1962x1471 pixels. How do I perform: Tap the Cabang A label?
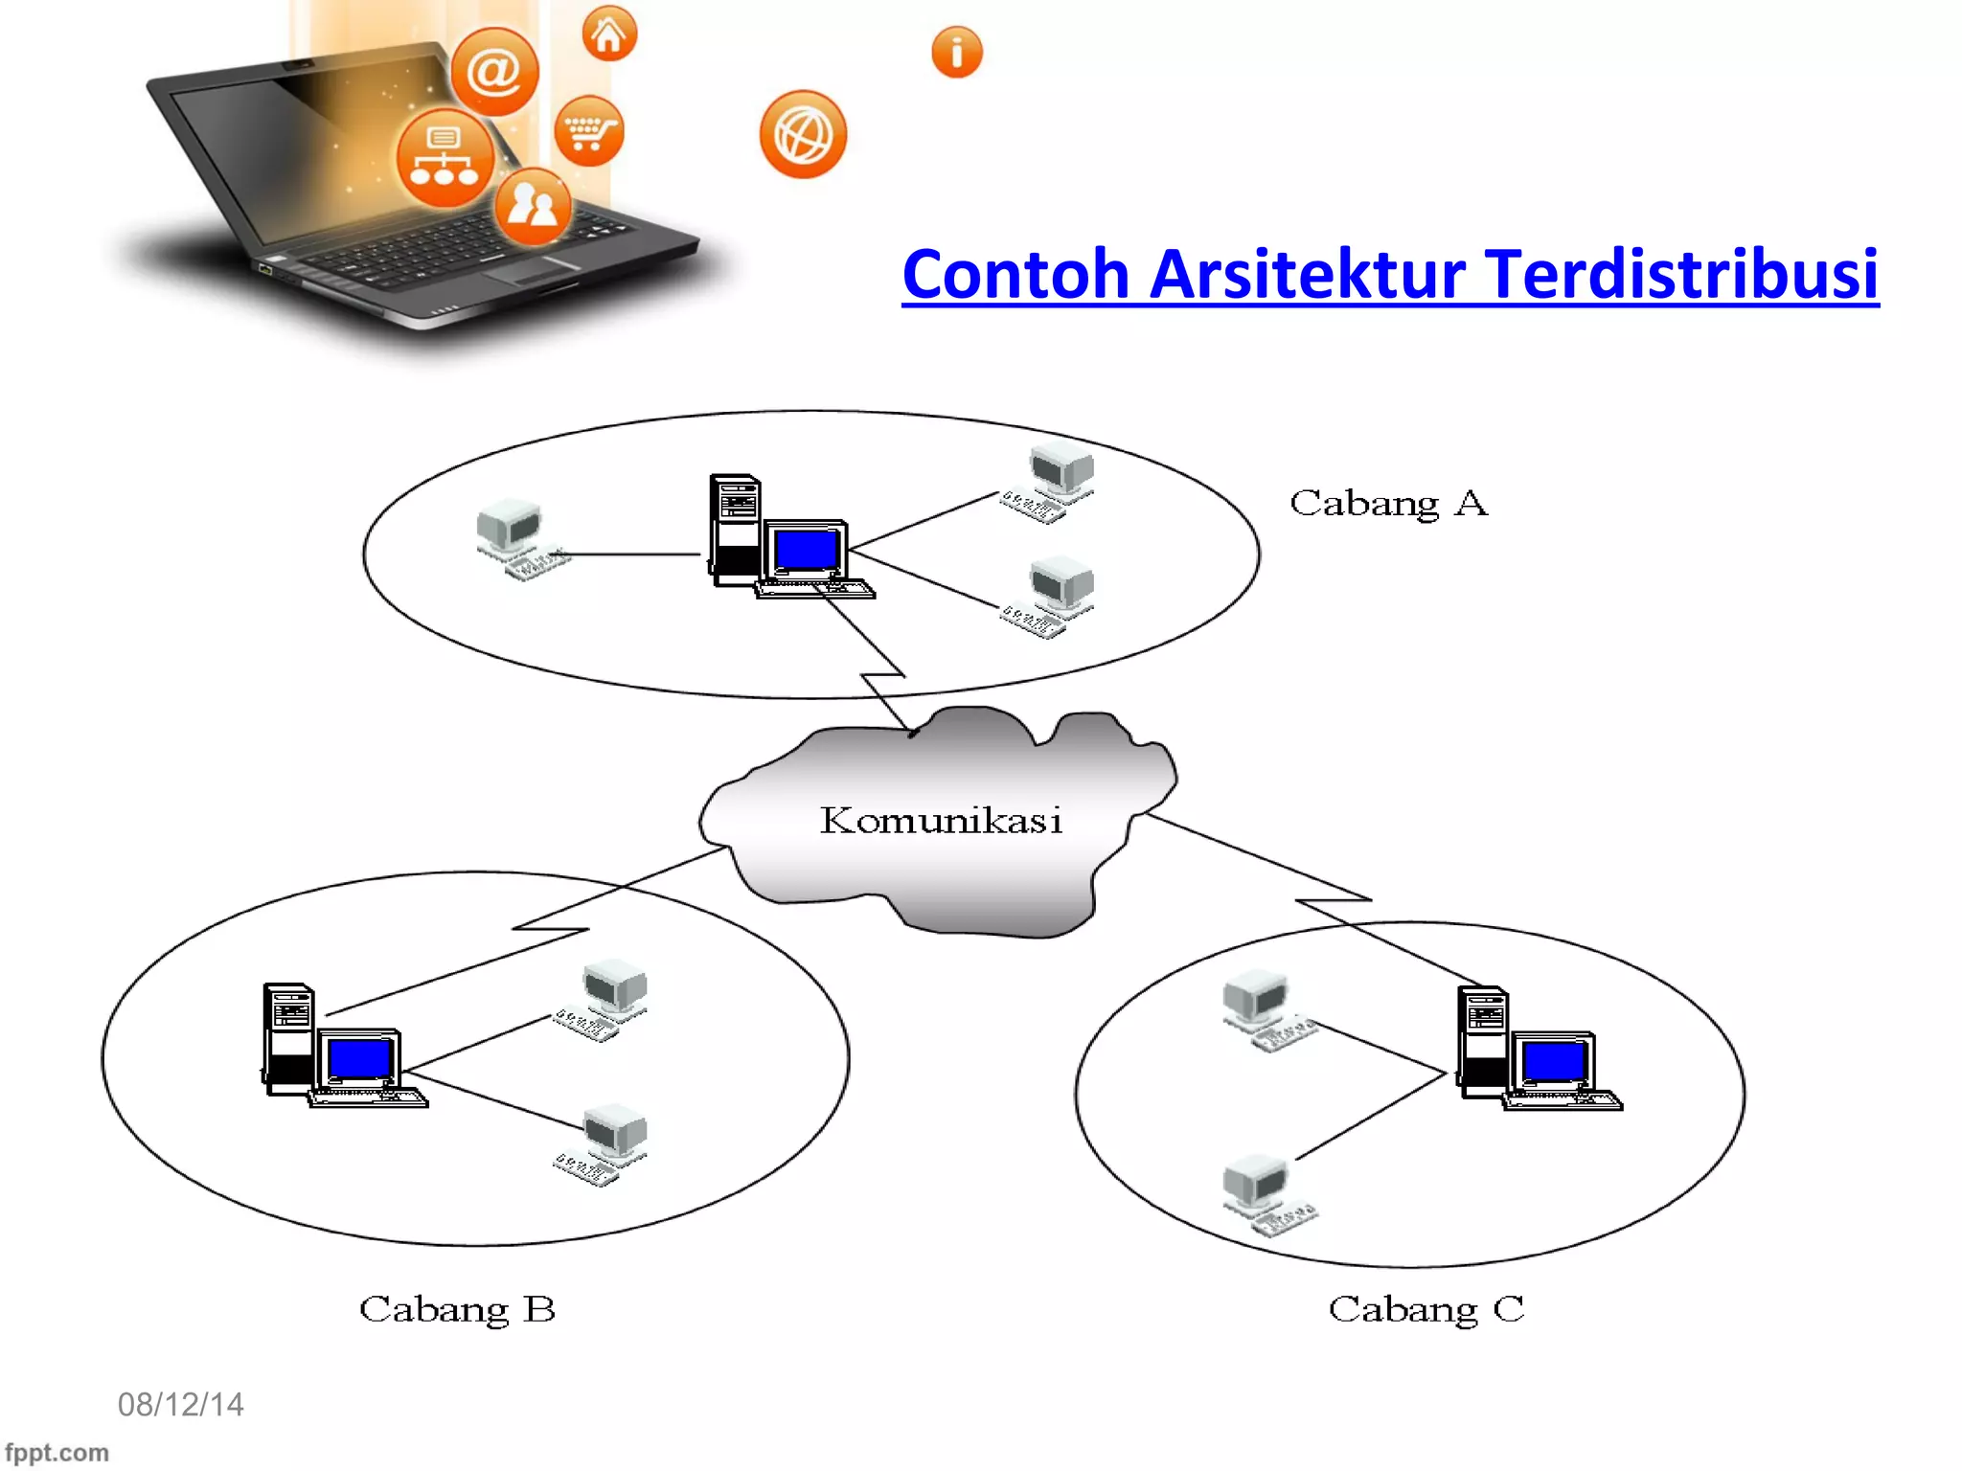(1388, 504)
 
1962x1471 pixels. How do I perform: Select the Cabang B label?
(457, 1310)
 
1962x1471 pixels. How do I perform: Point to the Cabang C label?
(1426, 1310)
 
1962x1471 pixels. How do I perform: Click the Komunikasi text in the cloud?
(941, 821)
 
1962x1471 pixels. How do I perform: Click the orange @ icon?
(494, 72)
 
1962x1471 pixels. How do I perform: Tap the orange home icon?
(609, 34)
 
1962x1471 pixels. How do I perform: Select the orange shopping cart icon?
(589, 131)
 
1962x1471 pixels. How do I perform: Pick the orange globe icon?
(803, 135)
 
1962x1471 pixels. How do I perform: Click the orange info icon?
(956, 52)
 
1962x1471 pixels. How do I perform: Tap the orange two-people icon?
(533, 206)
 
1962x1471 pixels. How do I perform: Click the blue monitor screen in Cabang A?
(806, 550)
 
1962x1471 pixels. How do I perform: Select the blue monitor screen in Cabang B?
(359, 1059)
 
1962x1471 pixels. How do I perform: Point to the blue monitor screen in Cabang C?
(1554, 1061)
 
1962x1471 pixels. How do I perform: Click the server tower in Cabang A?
(736, 529)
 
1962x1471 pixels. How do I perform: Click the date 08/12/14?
(180, 1405)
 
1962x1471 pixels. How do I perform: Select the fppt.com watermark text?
(57, 1453)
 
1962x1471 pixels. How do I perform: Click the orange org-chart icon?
(444, 158)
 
